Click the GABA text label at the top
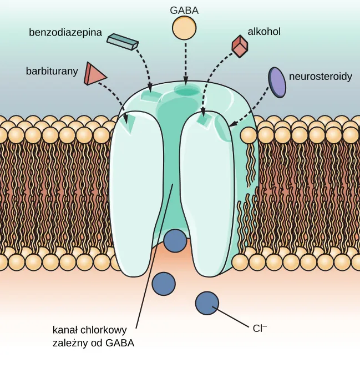185,9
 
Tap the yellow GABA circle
185,28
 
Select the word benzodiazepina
65,32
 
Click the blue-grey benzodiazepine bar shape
122,41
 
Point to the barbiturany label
51,71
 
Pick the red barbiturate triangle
93,74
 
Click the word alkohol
264,32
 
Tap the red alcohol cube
239,47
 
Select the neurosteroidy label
321,77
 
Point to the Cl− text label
260,328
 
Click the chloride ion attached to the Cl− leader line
207,303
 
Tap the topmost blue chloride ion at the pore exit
176,241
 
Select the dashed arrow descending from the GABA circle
185,61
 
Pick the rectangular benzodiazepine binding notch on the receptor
150,97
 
